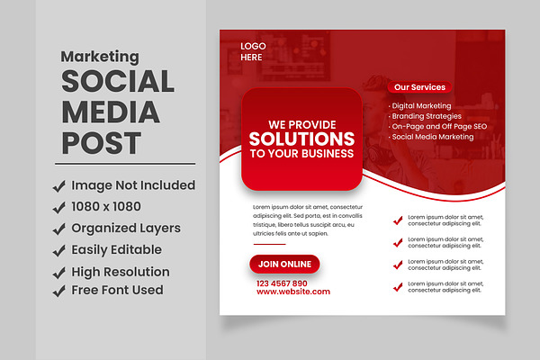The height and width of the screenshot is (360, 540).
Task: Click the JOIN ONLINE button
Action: click(x=284, y=265)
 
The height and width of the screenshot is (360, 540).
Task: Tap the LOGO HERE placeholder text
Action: click(x=253, y=51)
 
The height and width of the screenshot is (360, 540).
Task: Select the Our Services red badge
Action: click(x=419, y=87)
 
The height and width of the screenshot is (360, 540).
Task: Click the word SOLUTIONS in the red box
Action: click(x=301, y=139)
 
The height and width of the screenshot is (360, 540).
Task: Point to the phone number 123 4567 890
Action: click(x=282, y=283)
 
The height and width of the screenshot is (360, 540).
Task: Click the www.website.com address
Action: click(x=293, y=292)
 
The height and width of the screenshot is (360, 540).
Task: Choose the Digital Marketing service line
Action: click(x=421, y=106)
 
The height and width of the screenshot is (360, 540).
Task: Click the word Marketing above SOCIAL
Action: click(x=100, y=57)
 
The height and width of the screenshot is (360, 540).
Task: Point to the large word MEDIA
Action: click(x=111, y=112)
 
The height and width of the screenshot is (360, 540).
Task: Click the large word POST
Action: click(x=101, y=143)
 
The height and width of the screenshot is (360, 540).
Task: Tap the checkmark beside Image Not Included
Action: click(x=59, y=186)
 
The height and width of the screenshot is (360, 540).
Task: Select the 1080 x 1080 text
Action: click(x=106, y=207)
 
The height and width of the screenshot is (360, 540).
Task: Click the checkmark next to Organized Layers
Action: click(x=59, y=229)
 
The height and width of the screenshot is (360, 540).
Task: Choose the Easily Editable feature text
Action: click(x=116, y=250)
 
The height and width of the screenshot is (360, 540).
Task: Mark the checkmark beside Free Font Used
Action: click(x=59, y=291)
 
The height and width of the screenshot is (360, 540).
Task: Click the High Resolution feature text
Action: click(x=121, y=272)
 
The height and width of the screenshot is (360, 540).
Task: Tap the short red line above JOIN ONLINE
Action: click(x=270, y=244)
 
